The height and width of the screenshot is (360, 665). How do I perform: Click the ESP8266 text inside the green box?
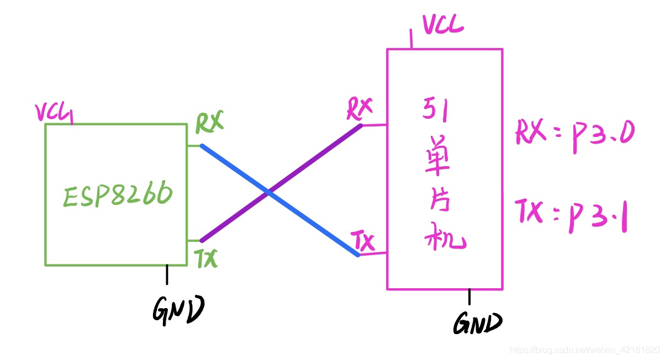pyautogui.click(x=118, y=195)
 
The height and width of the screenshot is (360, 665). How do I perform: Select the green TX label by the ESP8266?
pyautogui.click(x=207, y=258)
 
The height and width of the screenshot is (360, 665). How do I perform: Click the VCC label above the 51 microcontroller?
pyautogui.click(x=443, y=24)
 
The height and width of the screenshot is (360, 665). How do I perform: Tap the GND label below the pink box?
pyautogui.click(x=478, y=323)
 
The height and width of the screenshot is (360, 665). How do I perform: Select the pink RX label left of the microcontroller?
pyautogui.click(x=360, y=109)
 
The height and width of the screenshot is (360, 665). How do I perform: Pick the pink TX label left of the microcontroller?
pyautogui.click(x=363, y=242)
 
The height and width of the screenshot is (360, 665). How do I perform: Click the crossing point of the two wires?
pyautogui.click(x=268, y=193)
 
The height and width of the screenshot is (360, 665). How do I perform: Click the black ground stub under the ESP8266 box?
pyautogui.click(x=167, y=274)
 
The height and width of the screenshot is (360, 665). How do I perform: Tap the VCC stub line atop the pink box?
pyautogui.click(x=411, y=39)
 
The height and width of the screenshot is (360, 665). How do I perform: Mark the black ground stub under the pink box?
pyautogui.click(x=469, y=297)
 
